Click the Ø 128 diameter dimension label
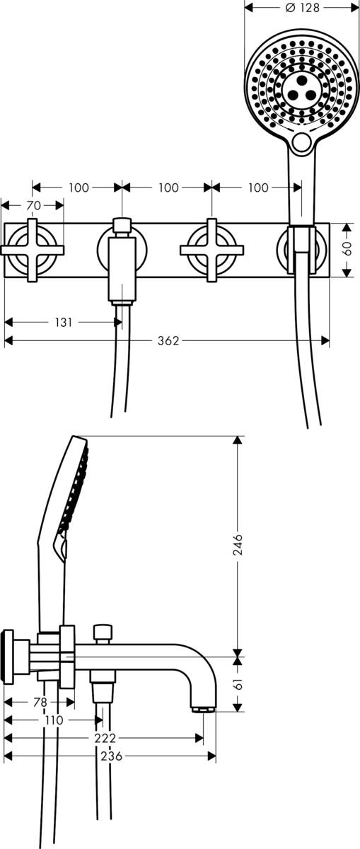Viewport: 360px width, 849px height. [302, 8]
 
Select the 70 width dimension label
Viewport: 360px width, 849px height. [33, 205]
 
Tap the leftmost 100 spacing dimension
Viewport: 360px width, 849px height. [79, 187]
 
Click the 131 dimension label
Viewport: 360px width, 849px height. [63, 322]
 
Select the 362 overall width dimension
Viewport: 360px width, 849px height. [167, 341]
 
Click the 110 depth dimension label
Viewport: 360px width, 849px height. [53, 720]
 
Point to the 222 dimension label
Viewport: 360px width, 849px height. [104, 738]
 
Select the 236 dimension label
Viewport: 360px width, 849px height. [110, 756]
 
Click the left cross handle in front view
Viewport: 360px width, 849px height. [33, 250]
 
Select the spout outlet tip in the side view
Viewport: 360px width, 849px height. [203, 708]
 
